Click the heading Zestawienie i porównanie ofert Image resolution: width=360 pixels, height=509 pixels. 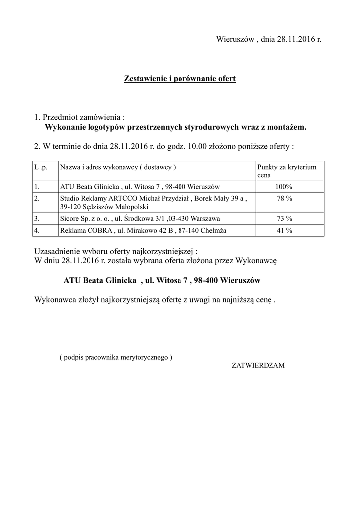(180, 79)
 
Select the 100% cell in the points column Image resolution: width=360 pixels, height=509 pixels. (284, 187)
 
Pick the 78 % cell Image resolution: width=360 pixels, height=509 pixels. (284, 198)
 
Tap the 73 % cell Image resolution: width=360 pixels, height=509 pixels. (284, 218)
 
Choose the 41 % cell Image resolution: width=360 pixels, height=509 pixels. (284, 230)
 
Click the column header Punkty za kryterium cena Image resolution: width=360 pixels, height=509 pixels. (286, 171)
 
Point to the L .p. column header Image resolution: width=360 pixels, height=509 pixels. (41, 168)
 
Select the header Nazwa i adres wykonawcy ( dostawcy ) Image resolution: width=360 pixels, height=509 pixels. (118, 168)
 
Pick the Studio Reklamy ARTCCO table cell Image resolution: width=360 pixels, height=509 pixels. (153, 202)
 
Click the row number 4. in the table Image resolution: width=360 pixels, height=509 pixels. (37, 230)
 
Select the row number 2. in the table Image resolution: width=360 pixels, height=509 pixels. (37, 198)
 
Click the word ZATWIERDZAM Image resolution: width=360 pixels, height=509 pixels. (258, 365)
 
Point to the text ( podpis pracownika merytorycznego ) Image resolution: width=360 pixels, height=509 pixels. (115, 357)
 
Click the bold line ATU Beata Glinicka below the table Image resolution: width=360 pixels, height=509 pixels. (162, 281)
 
